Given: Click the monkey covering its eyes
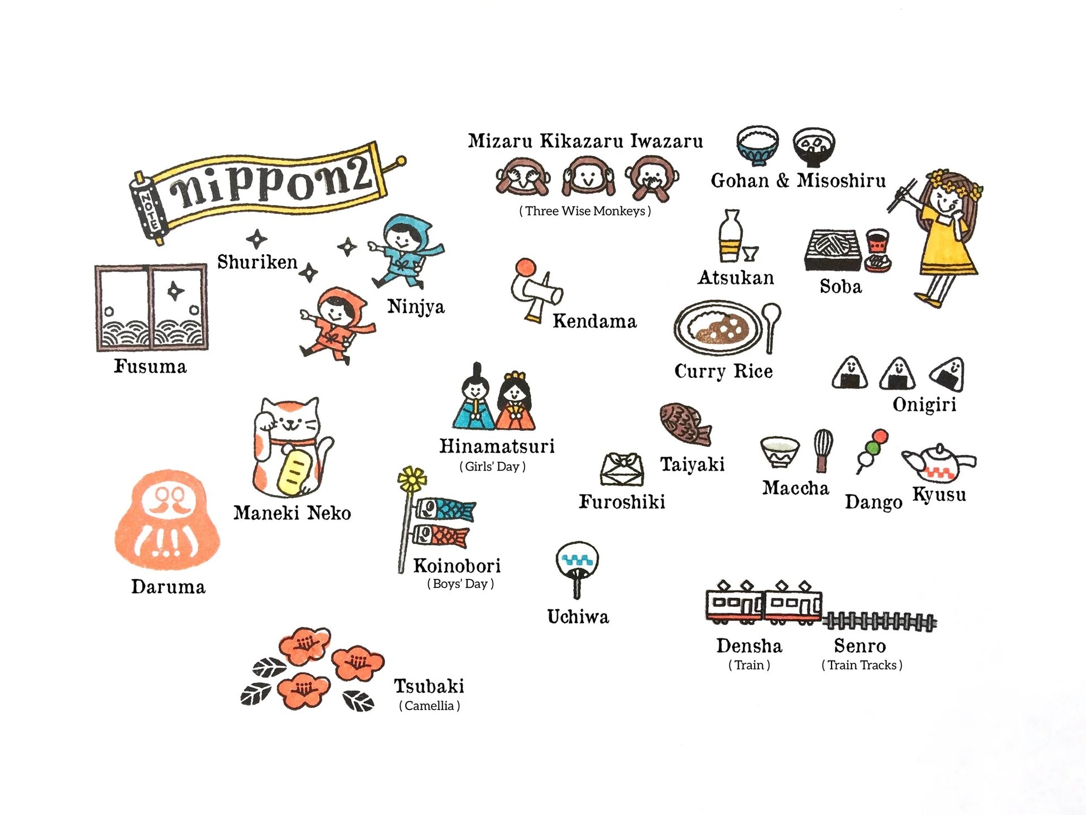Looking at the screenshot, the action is (x=523, y=176).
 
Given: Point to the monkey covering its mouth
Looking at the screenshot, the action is (x=652, y=178).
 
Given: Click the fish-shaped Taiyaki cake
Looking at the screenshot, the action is (x=685, y=424).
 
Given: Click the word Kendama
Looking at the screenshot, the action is (x=594, y=321).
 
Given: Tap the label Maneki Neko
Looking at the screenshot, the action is (x=292, y=512).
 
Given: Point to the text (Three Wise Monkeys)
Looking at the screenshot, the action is (x=585, y=211).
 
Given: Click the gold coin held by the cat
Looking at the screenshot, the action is (x=294, y=469).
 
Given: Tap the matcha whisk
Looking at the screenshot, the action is (x=823, y=450).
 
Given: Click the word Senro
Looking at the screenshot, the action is (x=860, y=645).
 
